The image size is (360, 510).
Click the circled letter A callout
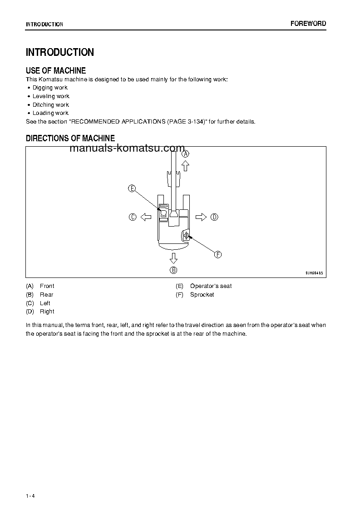tap(185, 153)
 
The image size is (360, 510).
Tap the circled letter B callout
tap(173, 270)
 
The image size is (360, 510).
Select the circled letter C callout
tap(133, 217)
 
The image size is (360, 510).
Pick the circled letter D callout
tap(214, 217)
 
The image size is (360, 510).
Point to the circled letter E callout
tap(132, 188)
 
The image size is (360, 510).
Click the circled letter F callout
tap(218, 255)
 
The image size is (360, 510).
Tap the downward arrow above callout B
tap(173, 258)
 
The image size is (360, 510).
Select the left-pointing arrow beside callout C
tap(146, 217)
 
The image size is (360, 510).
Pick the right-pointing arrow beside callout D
tap(201, 217)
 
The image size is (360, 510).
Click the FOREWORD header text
tap(308, 24)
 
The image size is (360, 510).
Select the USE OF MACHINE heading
tap(56, 70)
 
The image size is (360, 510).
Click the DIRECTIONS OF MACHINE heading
tap(70, 138)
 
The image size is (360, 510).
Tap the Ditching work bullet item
tap(50, 104)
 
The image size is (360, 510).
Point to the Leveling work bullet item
tap(51, 96)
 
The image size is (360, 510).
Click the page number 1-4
tap(30, 495)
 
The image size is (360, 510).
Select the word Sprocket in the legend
tap(202, 295)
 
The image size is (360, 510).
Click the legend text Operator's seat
tap(211, 286)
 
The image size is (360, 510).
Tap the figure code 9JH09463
tap(314, 273)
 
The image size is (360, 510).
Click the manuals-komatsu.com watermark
tap(128, 149)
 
